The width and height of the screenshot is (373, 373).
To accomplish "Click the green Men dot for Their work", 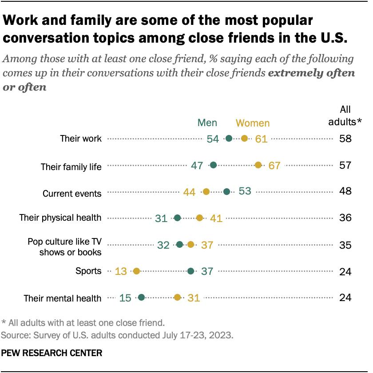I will pos(229,139).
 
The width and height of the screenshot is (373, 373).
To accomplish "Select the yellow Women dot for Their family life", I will pos(258,165).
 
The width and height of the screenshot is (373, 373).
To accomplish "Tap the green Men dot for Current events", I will pos(226,191).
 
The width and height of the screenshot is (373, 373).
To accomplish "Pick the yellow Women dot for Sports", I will pos(136,271).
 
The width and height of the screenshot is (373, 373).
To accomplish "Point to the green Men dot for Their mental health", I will pos(141,298).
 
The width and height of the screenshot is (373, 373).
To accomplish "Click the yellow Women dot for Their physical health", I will pos(199,218).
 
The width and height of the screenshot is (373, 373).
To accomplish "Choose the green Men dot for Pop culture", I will pos(179,244).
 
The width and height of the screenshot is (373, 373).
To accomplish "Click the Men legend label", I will pos(207,123).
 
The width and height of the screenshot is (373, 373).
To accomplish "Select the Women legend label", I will pos(252,123).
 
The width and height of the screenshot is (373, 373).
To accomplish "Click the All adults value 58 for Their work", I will pos(345,139).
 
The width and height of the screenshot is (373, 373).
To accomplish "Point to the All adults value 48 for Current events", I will pos(345,191).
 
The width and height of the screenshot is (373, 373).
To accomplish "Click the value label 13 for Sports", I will pos(121,271).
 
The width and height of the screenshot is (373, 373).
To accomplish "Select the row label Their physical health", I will pos(60,218).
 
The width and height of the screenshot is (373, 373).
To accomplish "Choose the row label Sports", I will pos(89,271).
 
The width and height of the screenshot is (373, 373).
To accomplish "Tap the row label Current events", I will pos(72,194).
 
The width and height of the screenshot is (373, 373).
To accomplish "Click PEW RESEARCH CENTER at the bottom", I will pos(52,353).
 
